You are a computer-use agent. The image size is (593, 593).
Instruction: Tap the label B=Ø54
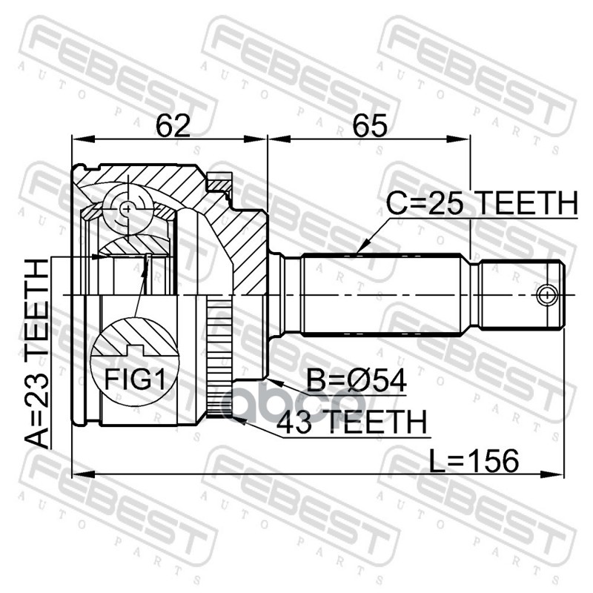click(357, 381)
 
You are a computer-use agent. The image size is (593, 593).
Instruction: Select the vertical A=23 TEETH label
click(36, 352)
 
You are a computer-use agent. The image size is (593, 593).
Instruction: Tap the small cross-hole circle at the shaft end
click(547, 294)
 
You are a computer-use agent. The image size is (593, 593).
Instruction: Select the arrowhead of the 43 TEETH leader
click(232, 418)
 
